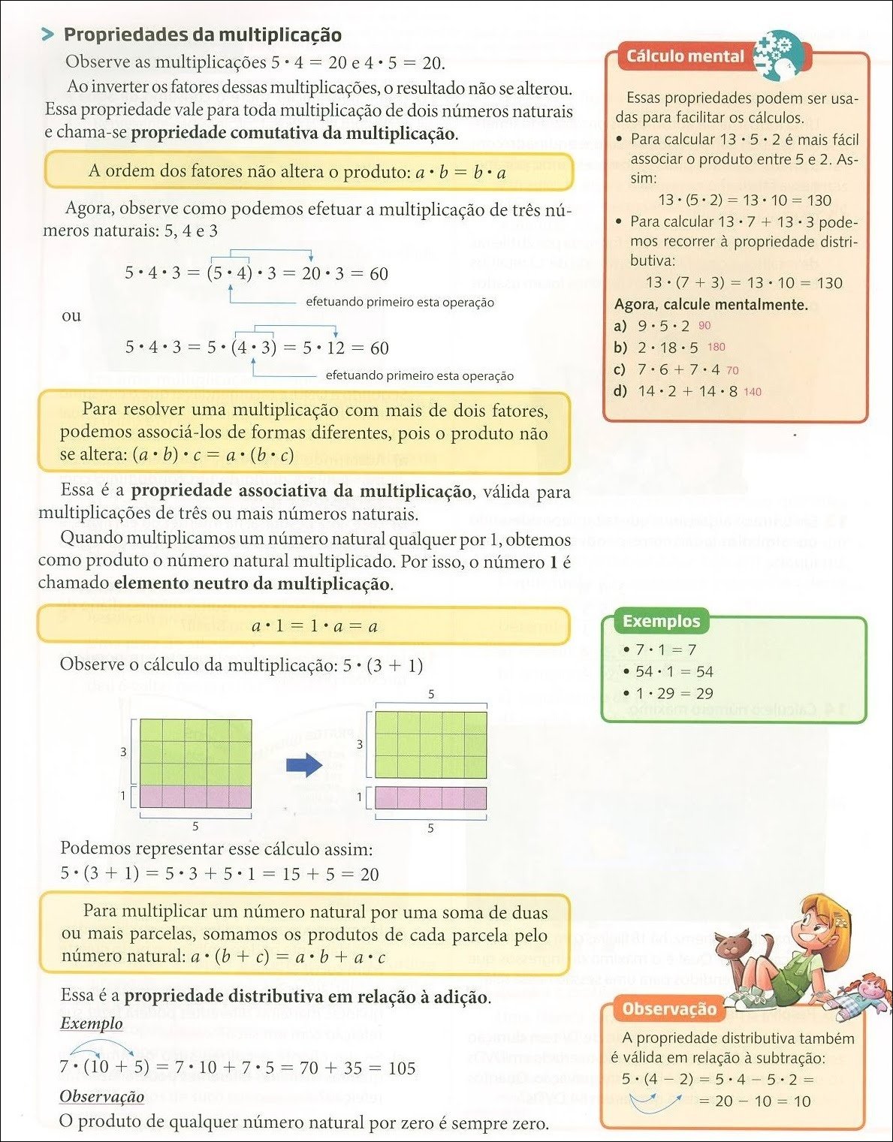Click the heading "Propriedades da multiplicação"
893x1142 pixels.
(x=202, y=35)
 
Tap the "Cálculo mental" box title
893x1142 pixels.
(x=684, y=56)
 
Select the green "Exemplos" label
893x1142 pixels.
(x=661, y=621)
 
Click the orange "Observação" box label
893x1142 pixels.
(x=669, y=1009)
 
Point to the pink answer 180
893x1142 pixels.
(x=717, y=347)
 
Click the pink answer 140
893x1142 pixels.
(x=752, y=392)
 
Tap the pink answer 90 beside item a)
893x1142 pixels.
(x=704, y=325)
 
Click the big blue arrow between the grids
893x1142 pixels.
(x=304, y=766)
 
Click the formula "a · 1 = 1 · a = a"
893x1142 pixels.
(x=314, y=625)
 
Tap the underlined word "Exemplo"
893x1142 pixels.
(x=91, y=1023)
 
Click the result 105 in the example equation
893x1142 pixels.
(x=402, y=1068)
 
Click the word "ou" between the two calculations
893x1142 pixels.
(x=71, y=315)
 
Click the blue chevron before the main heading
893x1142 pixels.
(x=47, y=35)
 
